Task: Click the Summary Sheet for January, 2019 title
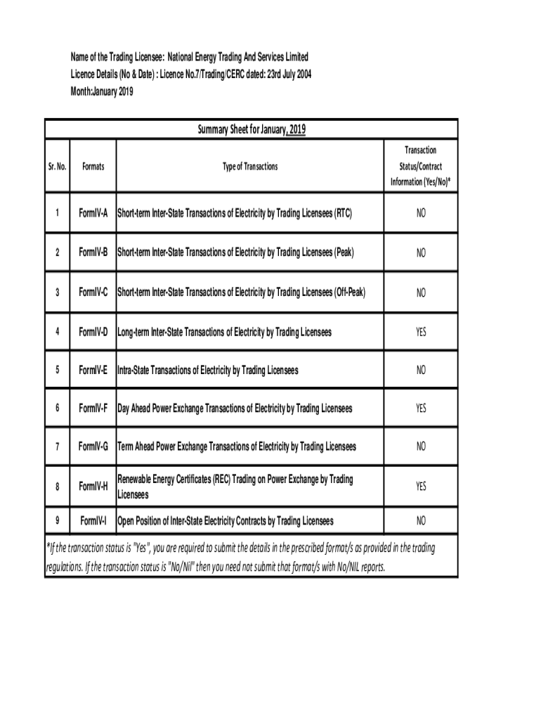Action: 250,129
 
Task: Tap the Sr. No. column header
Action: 57,167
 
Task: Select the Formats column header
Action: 93,167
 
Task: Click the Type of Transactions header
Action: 250,167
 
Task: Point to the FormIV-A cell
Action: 93,212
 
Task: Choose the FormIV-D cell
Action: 93,331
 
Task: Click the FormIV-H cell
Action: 93,487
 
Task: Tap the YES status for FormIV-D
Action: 420,332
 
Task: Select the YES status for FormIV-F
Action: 420,409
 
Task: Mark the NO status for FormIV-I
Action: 420,522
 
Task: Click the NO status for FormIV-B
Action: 420,253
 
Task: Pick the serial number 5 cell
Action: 57,370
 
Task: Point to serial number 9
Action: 57,521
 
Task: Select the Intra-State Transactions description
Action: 207,370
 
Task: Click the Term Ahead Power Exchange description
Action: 236,446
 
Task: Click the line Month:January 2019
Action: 101,91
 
